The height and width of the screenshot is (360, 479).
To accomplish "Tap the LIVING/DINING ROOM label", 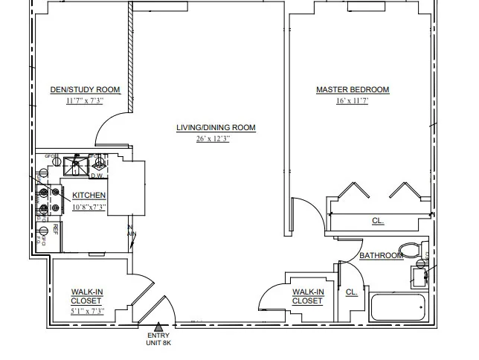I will pos(216,128).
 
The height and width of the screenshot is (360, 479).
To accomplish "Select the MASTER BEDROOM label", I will pos(353,90).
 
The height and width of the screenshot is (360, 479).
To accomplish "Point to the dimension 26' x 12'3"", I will pos(213,139).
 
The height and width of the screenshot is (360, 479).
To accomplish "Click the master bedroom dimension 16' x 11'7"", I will pos(352,101).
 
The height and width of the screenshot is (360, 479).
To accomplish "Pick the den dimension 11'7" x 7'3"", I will pos(84,101).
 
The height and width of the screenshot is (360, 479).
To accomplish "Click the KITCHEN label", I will pos(89,196).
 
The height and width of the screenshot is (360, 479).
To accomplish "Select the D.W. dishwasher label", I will pos(96,176).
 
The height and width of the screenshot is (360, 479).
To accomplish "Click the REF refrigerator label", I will pos(55,228).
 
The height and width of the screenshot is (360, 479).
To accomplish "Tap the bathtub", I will pos(398,306).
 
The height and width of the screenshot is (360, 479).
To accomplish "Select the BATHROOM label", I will pos(381,256).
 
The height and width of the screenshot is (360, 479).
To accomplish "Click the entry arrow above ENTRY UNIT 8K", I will pos(158,326).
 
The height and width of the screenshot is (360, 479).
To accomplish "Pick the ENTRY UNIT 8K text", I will pos(158,339).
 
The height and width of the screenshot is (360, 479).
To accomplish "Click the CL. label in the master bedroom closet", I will pos(378,220).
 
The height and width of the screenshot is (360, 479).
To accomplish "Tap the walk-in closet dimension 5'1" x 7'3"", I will pos(86,311).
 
